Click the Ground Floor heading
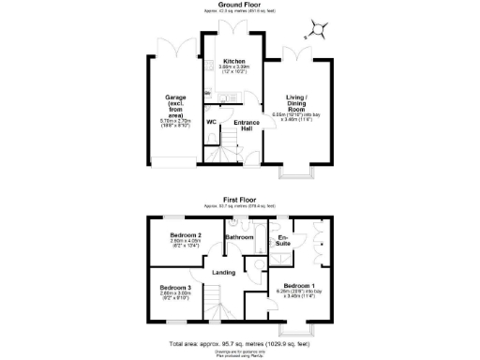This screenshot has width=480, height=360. click(239, 5)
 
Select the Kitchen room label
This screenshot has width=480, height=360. click(233, 62)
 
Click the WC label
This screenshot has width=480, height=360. click(212, 121)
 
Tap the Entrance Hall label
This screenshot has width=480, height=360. click(246, 125)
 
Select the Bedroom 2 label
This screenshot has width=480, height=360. click(187, 234)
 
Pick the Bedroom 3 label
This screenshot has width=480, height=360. click(174, 287)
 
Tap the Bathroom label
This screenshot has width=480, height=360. click(240, 237)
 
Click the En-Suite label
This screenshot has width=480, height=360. click(282, 241)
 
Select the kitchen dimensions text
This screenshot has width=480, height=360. click(233, 70)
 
